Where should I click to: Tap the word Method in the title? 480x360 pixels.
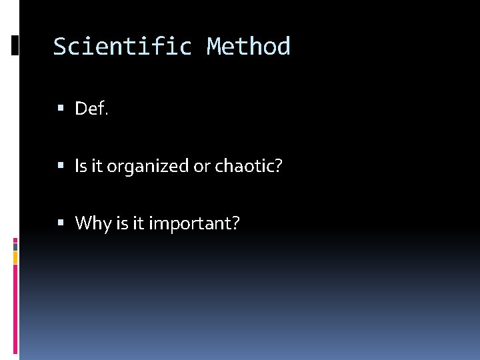(x=248, y=47)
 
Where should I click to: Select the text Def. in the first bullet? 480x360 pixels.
(x=91, y=109)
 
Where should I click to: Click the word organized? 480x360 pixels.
(x=148, y=167)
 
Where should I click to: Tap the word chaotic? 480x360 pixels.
(x=249, y=166)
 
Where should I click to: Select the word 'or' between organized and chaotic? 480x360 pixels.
(x=201, y=167)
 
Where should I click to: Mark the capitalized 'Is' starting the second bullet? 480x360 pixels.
(x=81, y=166)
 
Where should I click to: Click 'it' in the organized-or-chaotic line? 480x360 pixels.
(x=97, y=166)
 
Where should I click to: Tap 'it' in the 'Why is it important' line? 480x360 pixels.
(x=139, y=223)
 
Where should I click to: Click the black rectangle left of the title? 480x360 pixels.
(x=15, y=45)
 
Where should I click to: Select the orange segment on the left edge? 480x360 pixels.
(x=15, y=257)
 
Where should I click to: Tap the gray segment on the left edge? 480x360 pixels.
(x=15, y=245)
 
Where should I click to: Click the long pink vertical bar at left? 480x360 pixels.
(x=15, y=310)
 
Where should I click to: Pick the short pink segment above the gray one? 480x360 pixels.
(x=15, y=239)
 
